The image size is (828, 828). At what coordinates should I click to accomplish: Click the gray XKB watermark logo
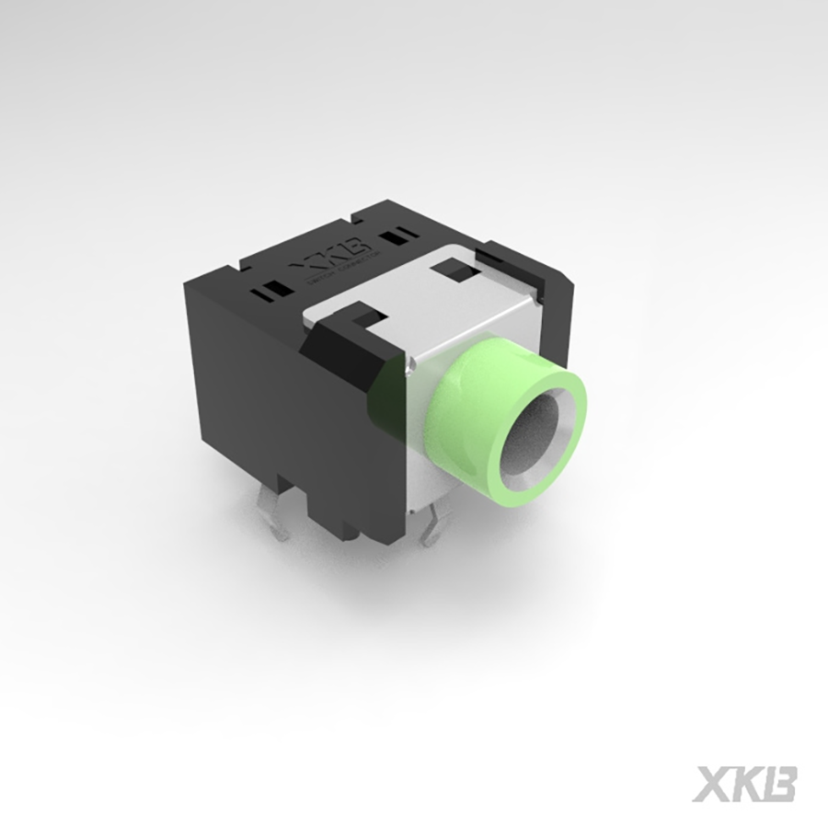tap(743, 782)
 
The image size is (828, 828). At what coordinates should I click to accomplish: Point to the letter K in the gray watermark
tap(744, 782)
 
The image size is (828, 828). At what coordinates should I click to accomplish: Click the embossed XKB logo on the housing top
tap(332, 255)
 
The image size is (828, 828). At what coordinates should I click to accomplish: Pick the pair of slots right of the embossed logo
tap(397, 237)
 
